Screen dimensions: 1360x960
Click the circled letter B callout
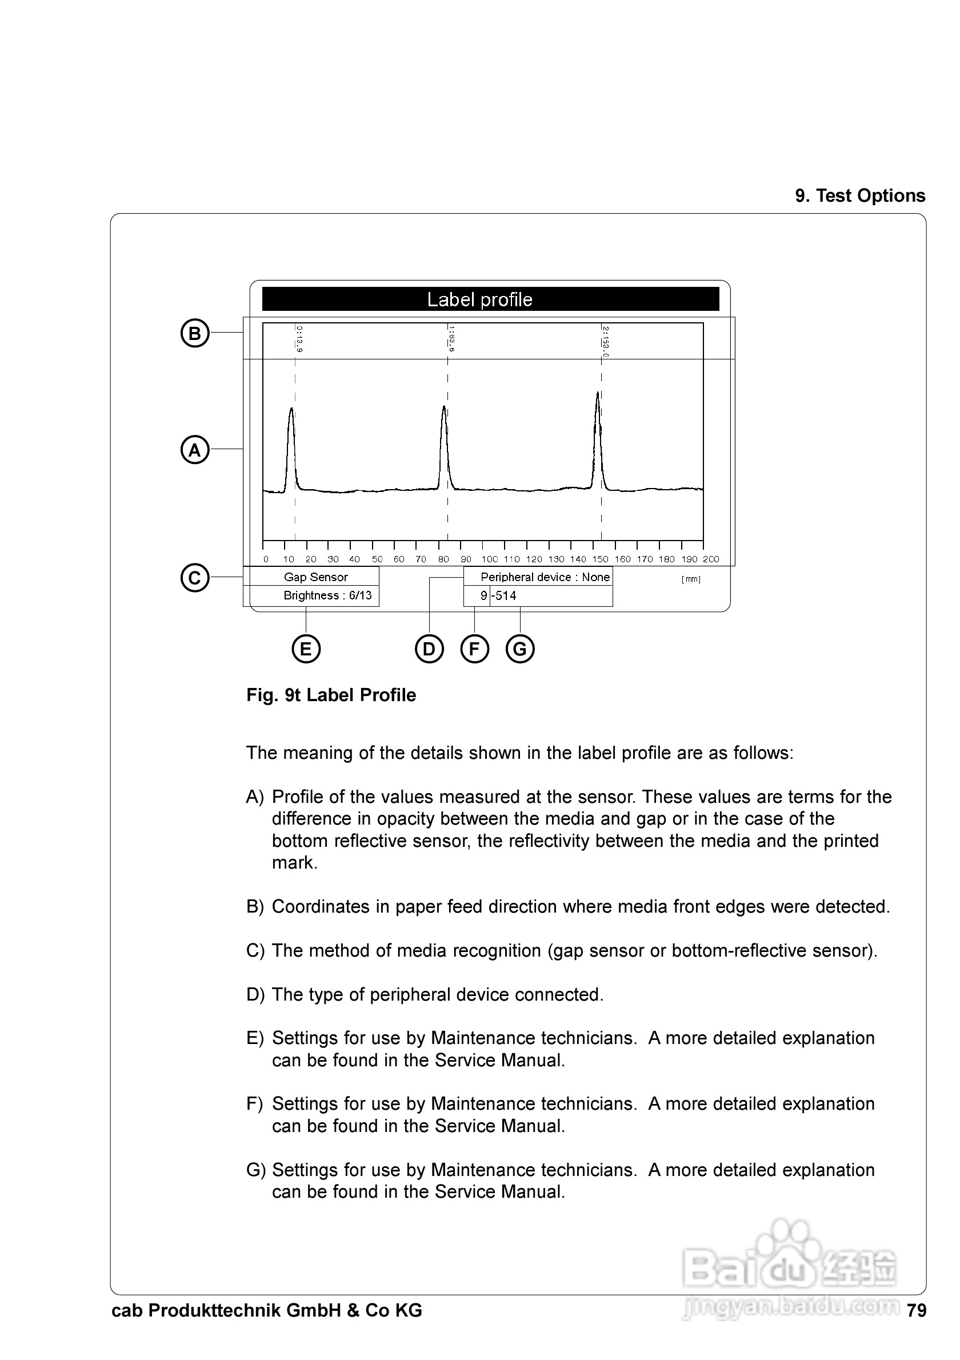(195, 334)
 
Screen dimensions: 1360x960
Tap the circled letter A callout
(195, 450)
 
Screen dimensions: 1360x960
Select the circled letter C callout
(195, 578)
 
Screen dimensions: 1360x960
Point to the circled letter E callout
(306, 649)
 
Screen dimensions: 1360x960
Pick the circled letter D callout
(429, 649)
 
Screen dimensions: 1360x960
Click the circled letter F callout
(474, 649)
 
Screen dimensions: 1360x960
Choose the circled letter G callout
(520, 649)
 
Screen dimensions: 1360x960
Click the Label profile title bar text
(479, 300)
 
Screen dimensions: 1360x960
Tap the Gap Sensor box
(315, 577)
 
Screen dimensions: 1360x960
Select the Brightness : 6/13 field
(327, 595)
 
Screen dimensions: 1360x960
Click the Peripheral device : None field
(545, 577)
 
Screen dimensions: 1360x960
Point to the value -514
(504, 596)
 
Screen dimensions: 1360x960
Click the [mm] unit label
(690, 579)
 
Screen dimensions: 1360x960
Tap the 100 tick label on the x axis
(490, 559)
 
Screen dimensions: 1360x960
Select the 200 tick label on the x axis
(711, 559)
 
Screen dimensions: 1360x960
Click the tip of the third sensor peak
(598, 393)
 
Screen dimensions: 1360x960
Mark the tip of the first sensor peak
(291, 409)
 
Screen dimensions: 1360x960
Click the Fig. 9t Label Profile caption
(331, 695)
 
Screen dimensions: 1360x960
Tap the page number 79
(916, 1311)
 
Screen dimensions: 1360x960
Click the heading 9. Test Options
(860, 196)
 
